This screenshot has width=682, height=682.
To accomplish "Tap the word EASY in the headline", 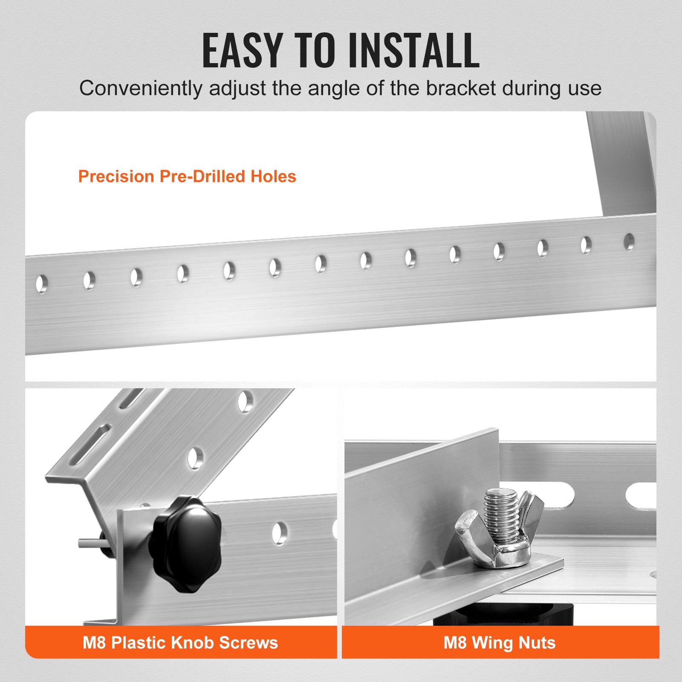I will point(242,51).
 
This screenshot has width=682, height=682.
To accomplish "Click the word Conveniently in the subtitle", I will point(141,89).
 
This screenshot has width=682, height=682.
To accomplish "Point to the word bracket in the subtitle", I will point(461,89).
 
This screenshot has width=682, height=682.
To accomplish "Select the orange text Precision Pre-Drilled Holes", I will point(187,176).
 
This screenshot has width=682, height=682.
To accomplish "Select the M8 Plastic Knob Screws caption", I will point(180,642).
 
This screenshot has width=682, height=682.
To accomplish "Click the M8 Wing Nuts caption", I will point(499,642).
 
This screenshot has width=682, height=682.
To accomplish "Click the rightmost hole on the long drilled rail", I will point(629,242).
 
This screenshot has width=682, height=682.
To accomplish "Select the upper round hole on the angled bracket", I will point(245,402).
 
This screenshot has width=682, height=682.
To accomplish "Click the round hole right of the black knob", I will point(280,533).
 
